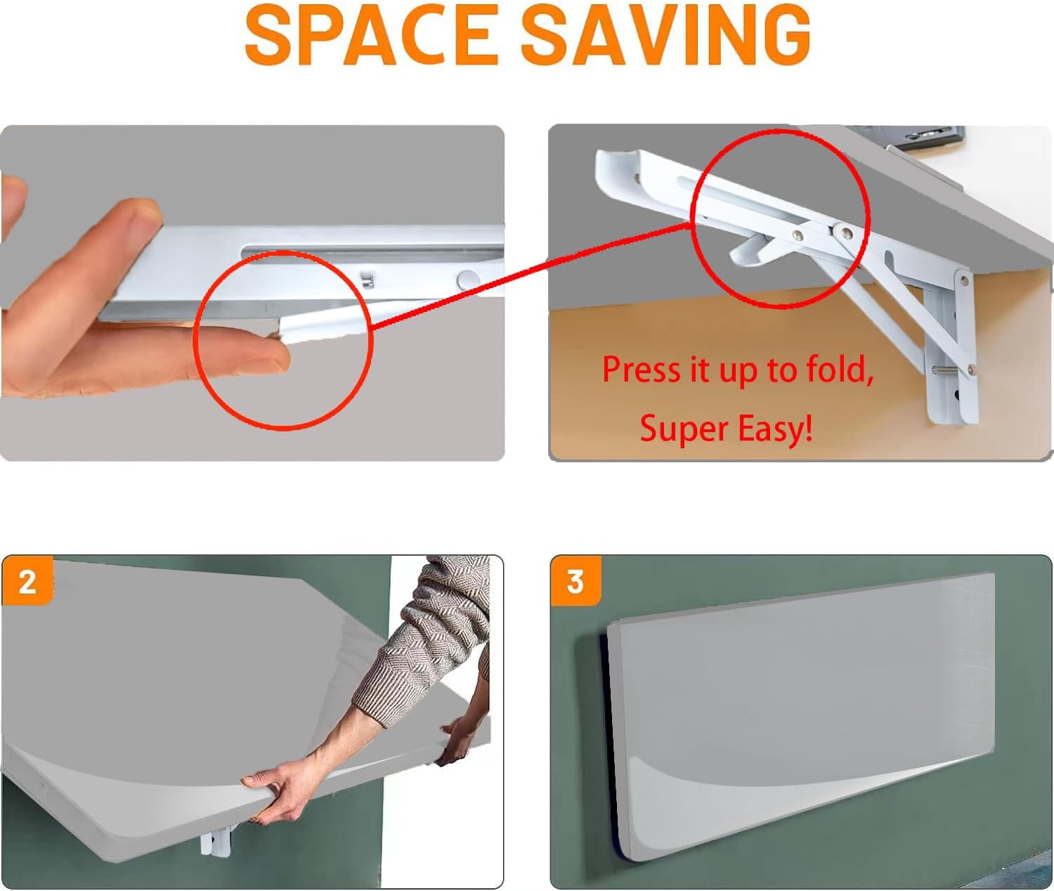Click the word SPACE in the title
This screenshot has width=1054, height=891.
[371, 34]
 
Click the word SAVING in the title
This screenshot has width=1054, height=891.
[665, 34]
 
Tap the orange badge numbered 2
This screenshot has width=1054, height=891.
[27, 581]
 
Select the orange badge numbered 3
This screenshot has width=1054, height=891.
[575, 581]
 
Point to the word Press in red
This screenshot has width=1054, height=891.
[642, 369]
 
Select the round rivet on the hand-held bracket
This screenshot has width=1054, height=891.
[467, 280]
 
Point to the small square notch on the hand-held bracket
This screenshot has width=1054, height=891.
[367, 279]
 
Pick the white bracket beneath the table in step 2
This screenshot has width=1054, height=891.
[216, 840]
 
